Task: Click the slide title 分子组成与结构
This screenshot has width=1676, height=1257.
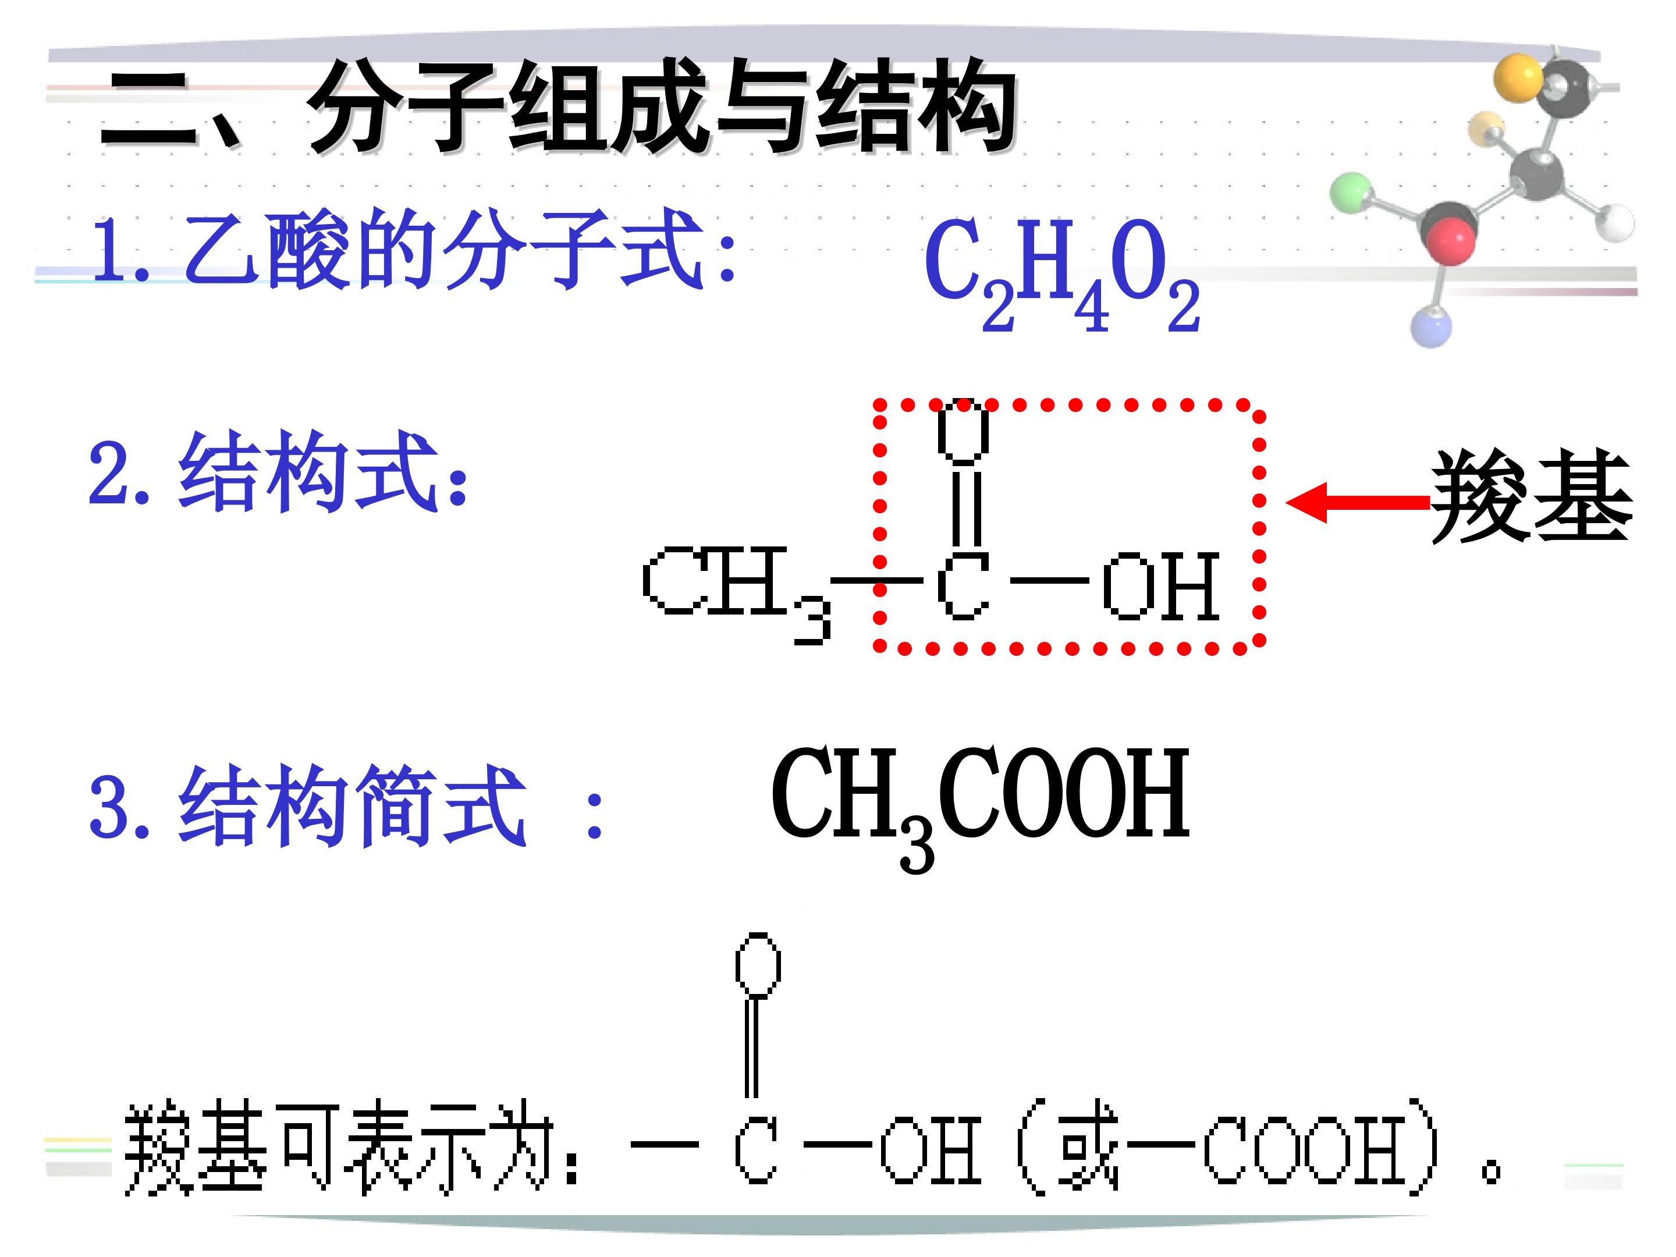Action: coord(662,106)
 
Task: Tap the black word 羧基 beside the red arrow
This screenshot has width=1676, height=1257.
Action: coord(1531,496)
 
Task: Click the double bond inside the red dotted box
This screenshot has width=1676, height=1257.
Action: coord(967,507)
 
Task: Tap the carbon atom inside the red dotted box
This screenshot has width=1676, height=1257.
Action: coord(963,585)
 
